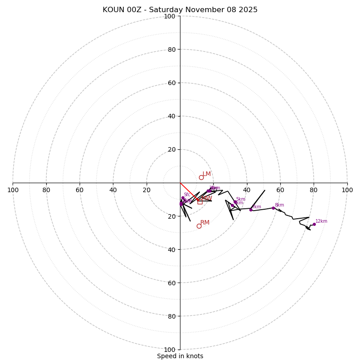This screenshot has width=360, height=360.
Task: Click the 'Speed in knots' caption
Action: point(180,356)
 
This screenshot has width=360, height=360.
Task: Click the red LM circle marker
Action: point(201,177)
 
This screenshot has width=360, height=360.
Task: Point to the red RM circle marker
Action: point(199,226)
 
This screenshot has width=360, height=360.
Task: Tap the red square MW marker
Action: point(200,202)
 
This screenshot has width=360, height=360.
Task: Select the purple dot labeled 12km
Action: point(314,224)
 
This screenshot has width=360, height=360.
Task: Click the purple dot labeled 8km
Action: point(273,208)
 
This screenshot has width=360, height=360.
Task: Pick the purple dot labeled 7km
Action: point(251,210)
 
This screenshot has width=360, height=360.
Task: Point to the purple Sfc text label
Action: point(187,195)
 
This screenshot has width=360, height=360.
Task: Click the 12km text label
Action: point(321,221)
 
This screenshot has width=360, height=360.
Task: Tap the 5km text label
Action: point(241,199)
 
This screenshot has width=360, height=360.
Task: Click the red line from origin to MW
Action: point(189,192)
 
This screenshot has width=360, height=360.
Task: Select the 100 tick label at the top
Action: point(170,16)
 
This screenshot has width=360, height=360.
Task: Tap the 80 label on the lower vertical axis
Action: point(171,316)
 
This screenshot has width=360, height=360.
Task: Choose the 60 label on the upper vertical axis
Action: point(171,83)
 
